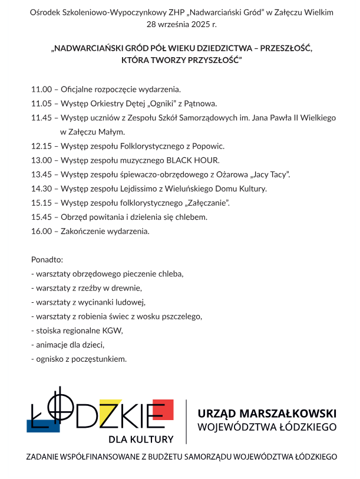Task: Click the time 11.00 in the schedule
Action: pyautogui.click(x=41, y=90)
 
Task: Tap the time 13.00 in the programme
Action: pyautogui.click(x=41, y=160)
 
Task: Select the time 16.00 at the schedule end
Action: pyautogui.click(x=41, y=232)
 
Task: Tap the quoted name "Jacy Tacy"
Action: pyautogui.click(x=270, y=174)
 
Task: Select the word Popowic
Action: pyautogui.click(x=208, y=146)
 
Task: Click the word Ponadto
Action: pyautogui.click(x=47, y=260)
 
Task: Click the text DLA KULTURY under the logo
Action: pyautogui.click(x=141, y=439)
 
